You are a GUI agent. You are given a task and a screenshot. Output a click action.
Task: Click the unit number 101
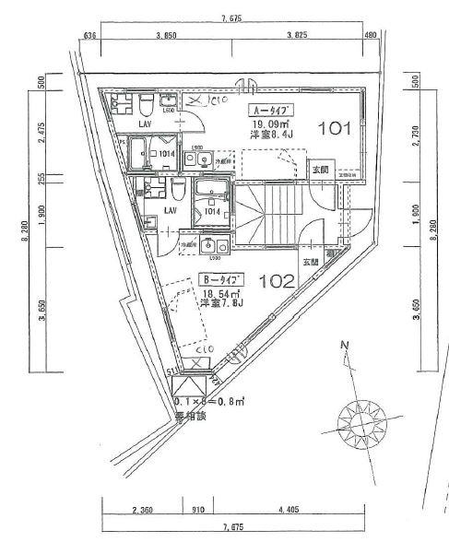coord(334,128)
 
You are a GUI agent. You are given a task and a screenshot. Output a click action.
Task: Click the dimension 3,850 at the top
coord(165,35)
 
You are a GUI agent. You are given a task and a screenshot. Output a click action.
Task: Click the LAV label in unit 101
coord(145,123)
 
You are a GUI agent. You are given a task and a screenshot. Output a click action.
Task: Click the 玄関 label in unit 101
coord(319,170)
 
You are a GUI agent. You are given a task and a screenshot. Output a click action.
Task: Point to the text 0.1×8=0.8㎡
coord(207,403)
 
